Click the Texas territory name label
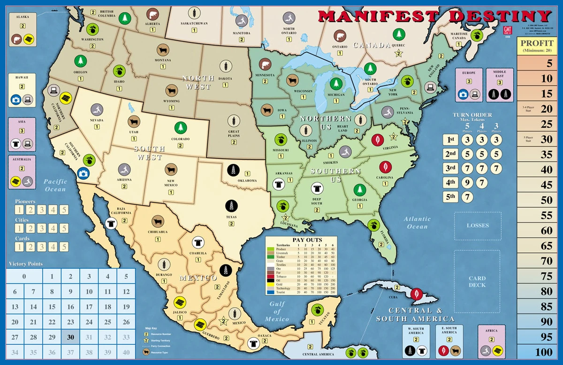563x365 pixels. [231, 217]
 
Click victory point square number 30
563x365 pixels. [70, 337]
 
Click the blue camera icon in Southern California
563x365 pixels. [83, 173]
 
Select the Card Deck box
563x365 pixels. [477, 281]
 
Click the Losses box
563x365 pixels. [478, 225]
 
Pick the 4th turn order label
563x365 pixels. [451, 182]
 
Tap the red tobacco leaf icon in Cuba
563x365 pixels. [415, 294]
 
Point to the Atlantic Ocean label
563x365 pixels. [417, 223]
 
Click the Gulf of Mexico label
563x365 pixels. [278, 311]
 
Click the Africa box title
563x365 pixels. [491, 330]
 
